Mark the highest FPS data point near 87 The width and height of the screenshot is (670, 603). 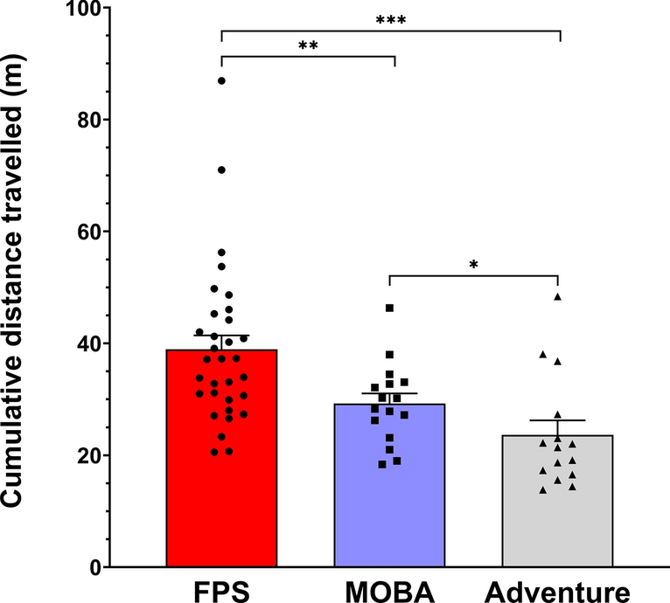click(221, 80)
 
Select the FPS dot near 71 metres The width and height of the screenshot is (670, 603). click(221, 170)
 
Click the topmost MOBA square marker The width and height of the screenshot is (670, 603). click(389, 308)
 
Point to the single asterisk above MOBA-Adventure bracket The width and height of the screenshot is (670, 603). click(473, 263)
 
